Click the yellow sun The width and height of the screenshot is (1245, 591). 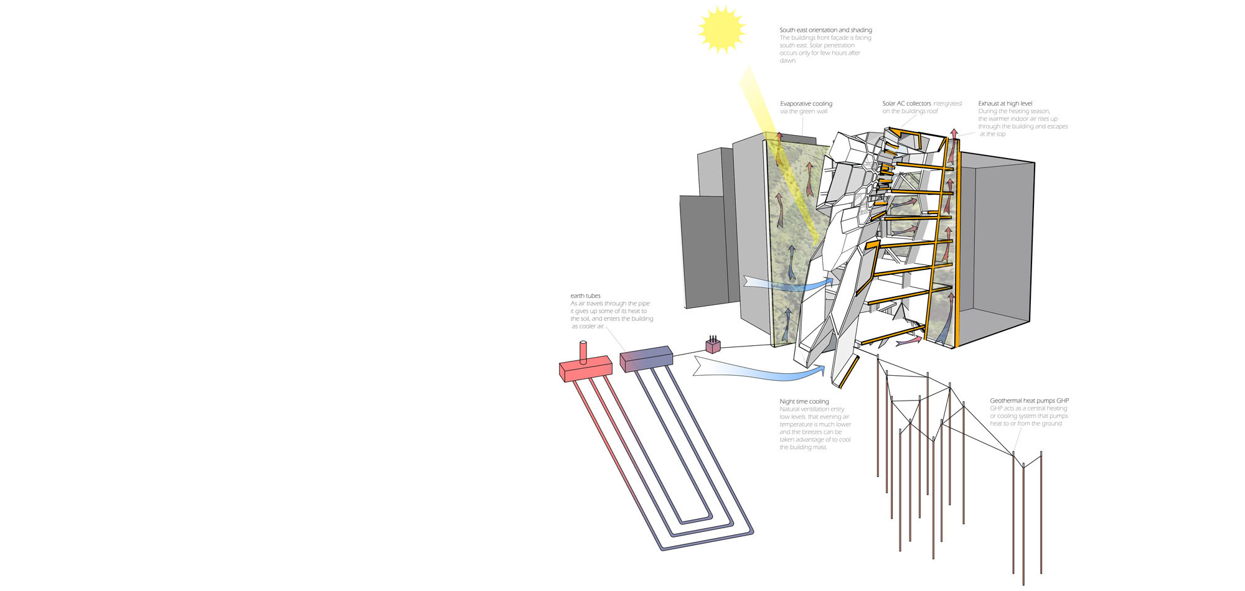click(721, 29)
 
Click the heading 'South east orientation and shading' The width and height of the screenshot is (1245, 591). click(825, 30)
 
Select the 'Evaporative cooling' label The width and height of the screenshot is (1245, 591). click(806, 104)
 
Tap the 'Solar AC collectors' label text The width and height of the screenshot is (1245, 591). click(906, 104)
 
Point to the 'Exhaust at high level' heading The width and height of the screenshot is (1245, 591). click(1005, 104)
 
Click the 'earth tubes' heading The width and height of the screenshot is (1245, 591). click(585, 296)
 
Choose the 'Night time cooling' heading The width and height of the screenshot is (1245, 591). click(804, 402)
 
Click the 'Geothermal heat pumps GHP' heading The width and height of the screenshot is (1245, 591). click(1029, 401)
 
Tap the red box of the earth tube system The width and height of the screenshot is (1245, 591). click(585, 369)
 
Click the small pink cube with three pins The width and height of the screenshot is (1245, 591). click(713, 346)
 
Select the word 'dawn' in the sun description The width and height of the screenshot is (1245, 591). click(787, 61)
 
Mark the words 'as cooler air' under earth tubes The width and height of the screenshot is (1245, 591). click(588, 327)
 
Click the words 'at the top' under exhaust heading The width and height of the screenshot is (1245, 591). click(992, 134)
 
